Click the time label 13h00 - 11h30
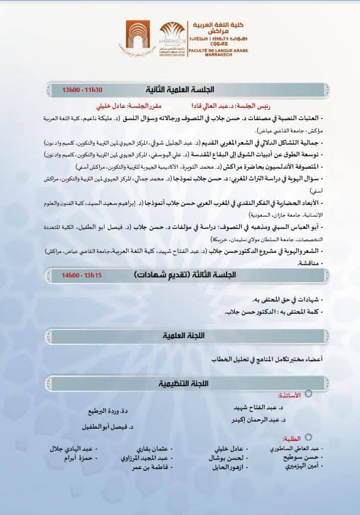tap(82, 90)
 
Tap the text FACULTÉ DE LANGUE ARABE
tap(210, 52)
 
